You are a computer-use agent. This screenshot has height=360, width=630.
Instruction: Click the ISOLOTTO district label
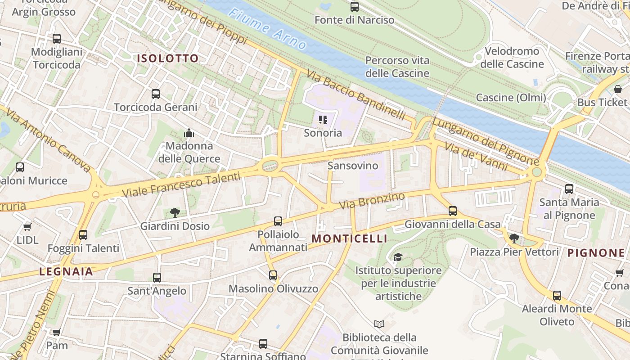click(167, 58)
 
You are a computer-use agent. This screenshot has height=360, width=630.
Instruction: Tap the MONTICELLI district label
click(349, 238)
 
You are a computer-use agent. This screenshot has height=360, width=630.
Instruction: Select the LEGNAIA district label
click(66, 271)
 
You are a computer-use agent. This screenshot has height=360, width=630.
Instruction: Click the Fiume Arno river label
click(267, 29)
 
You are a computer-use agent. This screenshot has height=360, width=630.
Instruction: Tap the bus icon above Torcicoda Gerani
click(156, 94)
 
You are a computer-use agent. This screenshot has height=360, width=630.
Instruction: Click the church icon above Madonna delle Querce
click(189, 133)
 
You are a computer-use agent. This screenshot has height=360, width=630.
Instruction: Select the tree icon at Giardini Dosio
click(175, 213)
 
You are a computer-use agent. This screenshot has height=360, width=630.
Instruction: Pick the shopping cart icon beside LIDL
click(27, 227)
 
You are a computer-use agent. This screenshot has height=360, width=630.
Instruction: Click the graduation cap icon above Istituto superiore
click(398, 257)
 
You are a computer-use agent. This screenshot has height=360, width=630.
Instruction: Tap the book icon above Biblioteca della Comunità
click(379, 324)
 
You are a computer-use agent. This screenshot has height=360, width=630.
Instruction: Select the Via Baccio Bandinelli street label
click(356, 95)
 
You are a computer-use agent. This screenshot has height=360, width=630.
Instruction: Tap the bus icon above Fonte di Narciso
click(355, 7)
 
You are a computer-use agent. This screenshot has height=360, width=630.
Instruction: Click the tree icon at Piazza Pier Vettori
click(514, 238)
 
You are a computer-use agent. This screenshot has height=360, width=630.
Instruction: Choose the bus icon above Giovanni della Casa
click(453, 211)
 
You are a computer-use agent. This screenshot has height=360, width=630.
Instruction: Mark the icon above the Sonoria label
click(323, 120)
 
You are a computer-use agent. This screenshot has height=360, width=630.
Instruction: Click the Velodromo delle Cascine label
click(512, 58)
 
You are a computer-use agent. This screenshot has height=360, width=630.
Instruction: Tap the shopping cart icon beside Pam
click(57, 333)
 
